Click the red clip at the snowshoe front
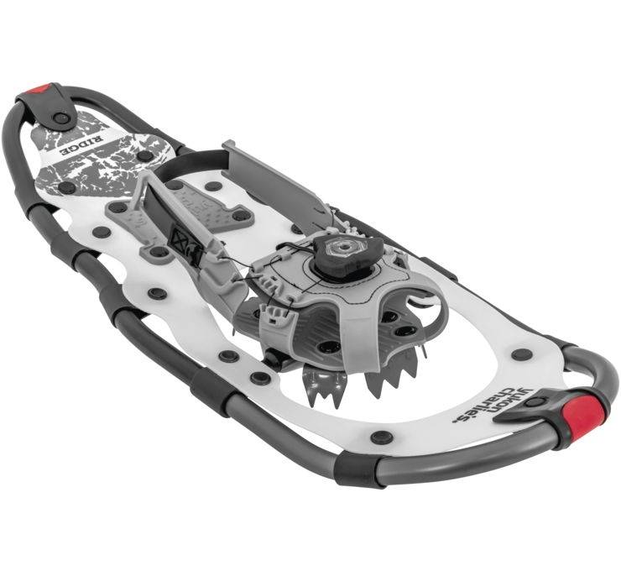tap(584, 412)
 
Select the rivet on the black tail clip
tap(60, 118)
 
